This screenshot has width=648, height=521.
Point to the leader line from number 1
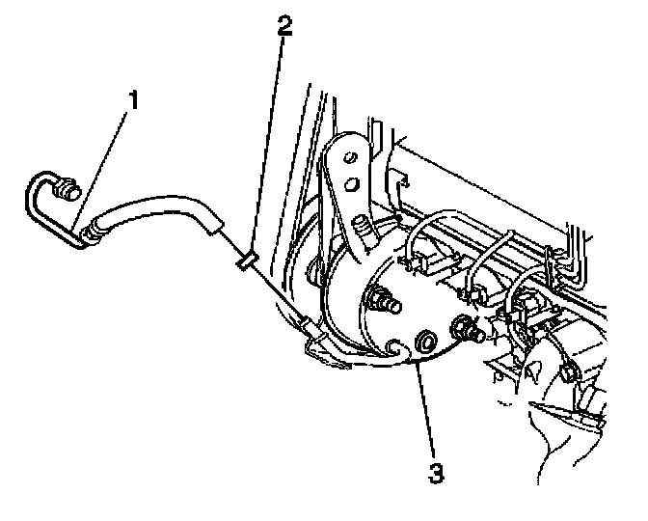(x=107, y=165)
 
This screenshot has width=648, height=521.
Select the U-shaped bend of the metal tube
(x=33, y=198)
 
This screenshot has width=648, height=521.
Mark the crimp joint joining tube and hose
(x=93, y=231)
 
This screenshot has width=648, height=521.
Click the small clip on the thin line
(x=245, y=259)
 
